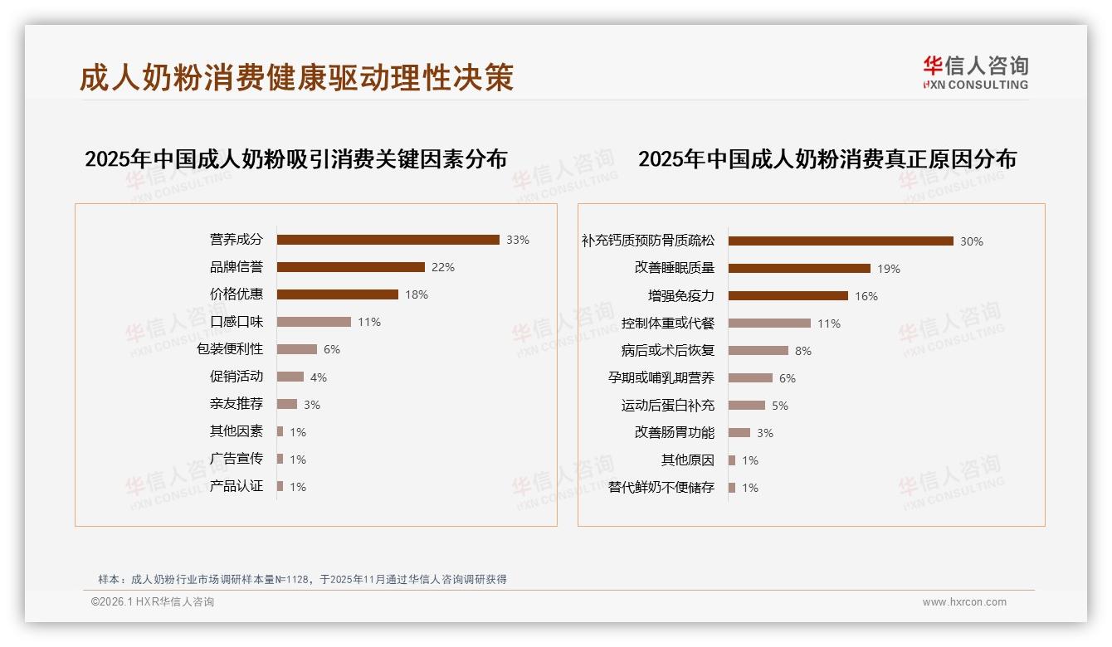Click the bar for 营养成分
(388, 240)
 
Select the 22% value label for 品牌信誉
(443, 267)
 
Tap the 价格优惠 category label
(237, 294)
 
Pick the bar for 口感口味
(314, 322)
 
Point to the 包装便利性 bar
(296, 349)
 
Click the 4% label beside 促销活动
(319, 377)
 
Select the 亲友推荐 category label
(237, 404)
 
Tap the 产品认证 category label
(237, 486)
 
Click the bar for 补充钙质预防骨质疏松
(841, 241)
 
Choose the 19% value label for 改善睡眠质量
(889, 269)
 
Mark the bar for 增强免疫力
(788, 296)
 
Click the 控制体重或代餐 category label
(668, 323)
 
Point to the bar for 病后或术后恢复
(758, 351)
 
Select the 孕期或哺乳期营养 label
(661, 378)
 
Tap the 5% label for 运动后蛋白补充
(780, 406)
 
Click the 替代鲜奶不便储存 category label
(661, 488)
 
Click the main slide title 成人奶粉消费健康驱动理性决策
(297, 77)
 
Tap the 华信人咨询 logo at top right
(975, 72)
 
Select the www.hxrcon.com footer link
(964, 602)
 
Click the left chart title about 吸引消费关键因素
(295, 159)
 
